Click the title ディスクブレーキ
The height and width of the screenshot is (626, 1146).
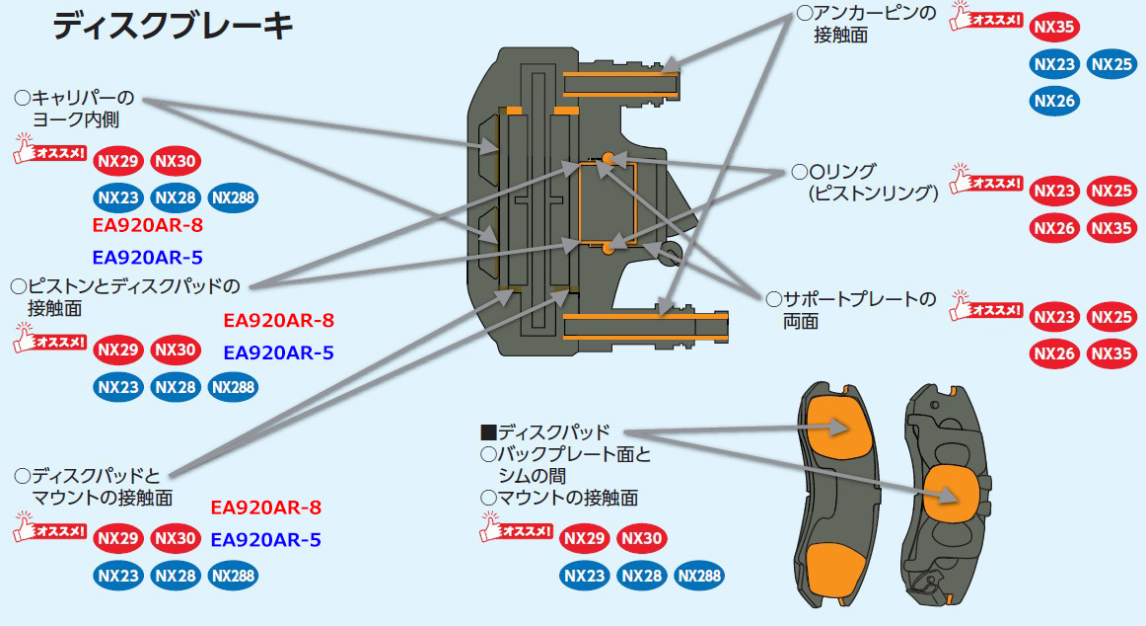[174, 27]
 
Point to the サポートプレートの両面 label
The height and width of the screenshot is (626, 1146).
[854, 309]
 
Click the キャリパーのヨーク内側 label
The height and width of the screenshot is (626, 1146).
[74, 109]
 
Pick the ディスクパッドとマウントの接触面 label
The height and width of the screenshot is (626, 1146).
[95, 486]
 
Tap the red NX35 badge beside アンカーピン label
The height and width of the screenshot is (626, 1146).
[1054, 27]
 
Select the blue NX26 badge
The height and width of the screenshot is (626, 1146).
[1054, 100]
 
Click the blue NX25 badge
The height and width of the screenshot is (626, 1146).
[1111, 64]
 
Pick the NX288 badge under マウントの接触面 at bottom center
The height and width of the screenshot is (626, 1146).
[699, 575]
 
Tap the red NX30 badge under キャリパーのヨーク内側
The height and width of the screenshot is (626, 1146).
[176, 161]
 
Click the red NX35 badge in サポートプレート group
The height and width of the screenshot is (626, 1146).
[1111, 352]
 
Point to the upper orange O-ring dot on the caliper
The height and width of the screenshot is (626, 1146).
[609, 158]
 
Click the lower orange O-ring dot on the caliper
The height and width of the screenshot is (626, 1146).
[609, 249]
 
